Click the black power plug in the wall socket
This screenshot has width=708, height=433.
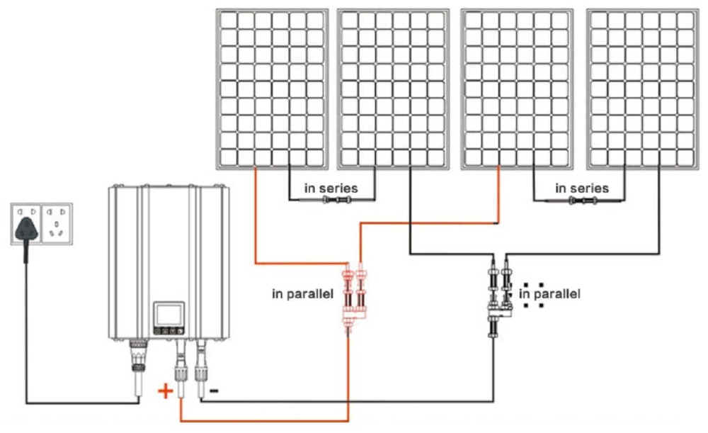27,227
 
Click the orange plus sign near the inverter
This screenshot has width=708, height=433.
164,390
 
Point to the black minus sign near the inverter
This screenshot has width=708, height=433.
214,390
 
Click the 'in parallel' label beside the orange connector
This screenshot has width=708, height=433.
302,293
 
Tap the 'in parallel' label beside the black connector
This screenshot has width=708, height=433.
549,293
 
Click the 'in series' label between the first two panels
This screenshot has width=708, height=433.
331,189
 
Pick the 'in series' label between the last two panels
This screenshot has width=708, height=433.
582,189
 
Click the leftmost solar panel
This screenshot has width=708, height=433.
273,89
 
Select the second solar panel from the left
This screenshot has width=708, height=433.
394,89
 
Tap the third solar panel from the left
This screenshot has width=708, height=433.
517,89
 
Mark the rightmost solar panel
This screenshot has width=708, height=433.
642,89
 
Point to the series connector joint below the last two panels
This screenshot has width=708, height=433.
581,201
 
